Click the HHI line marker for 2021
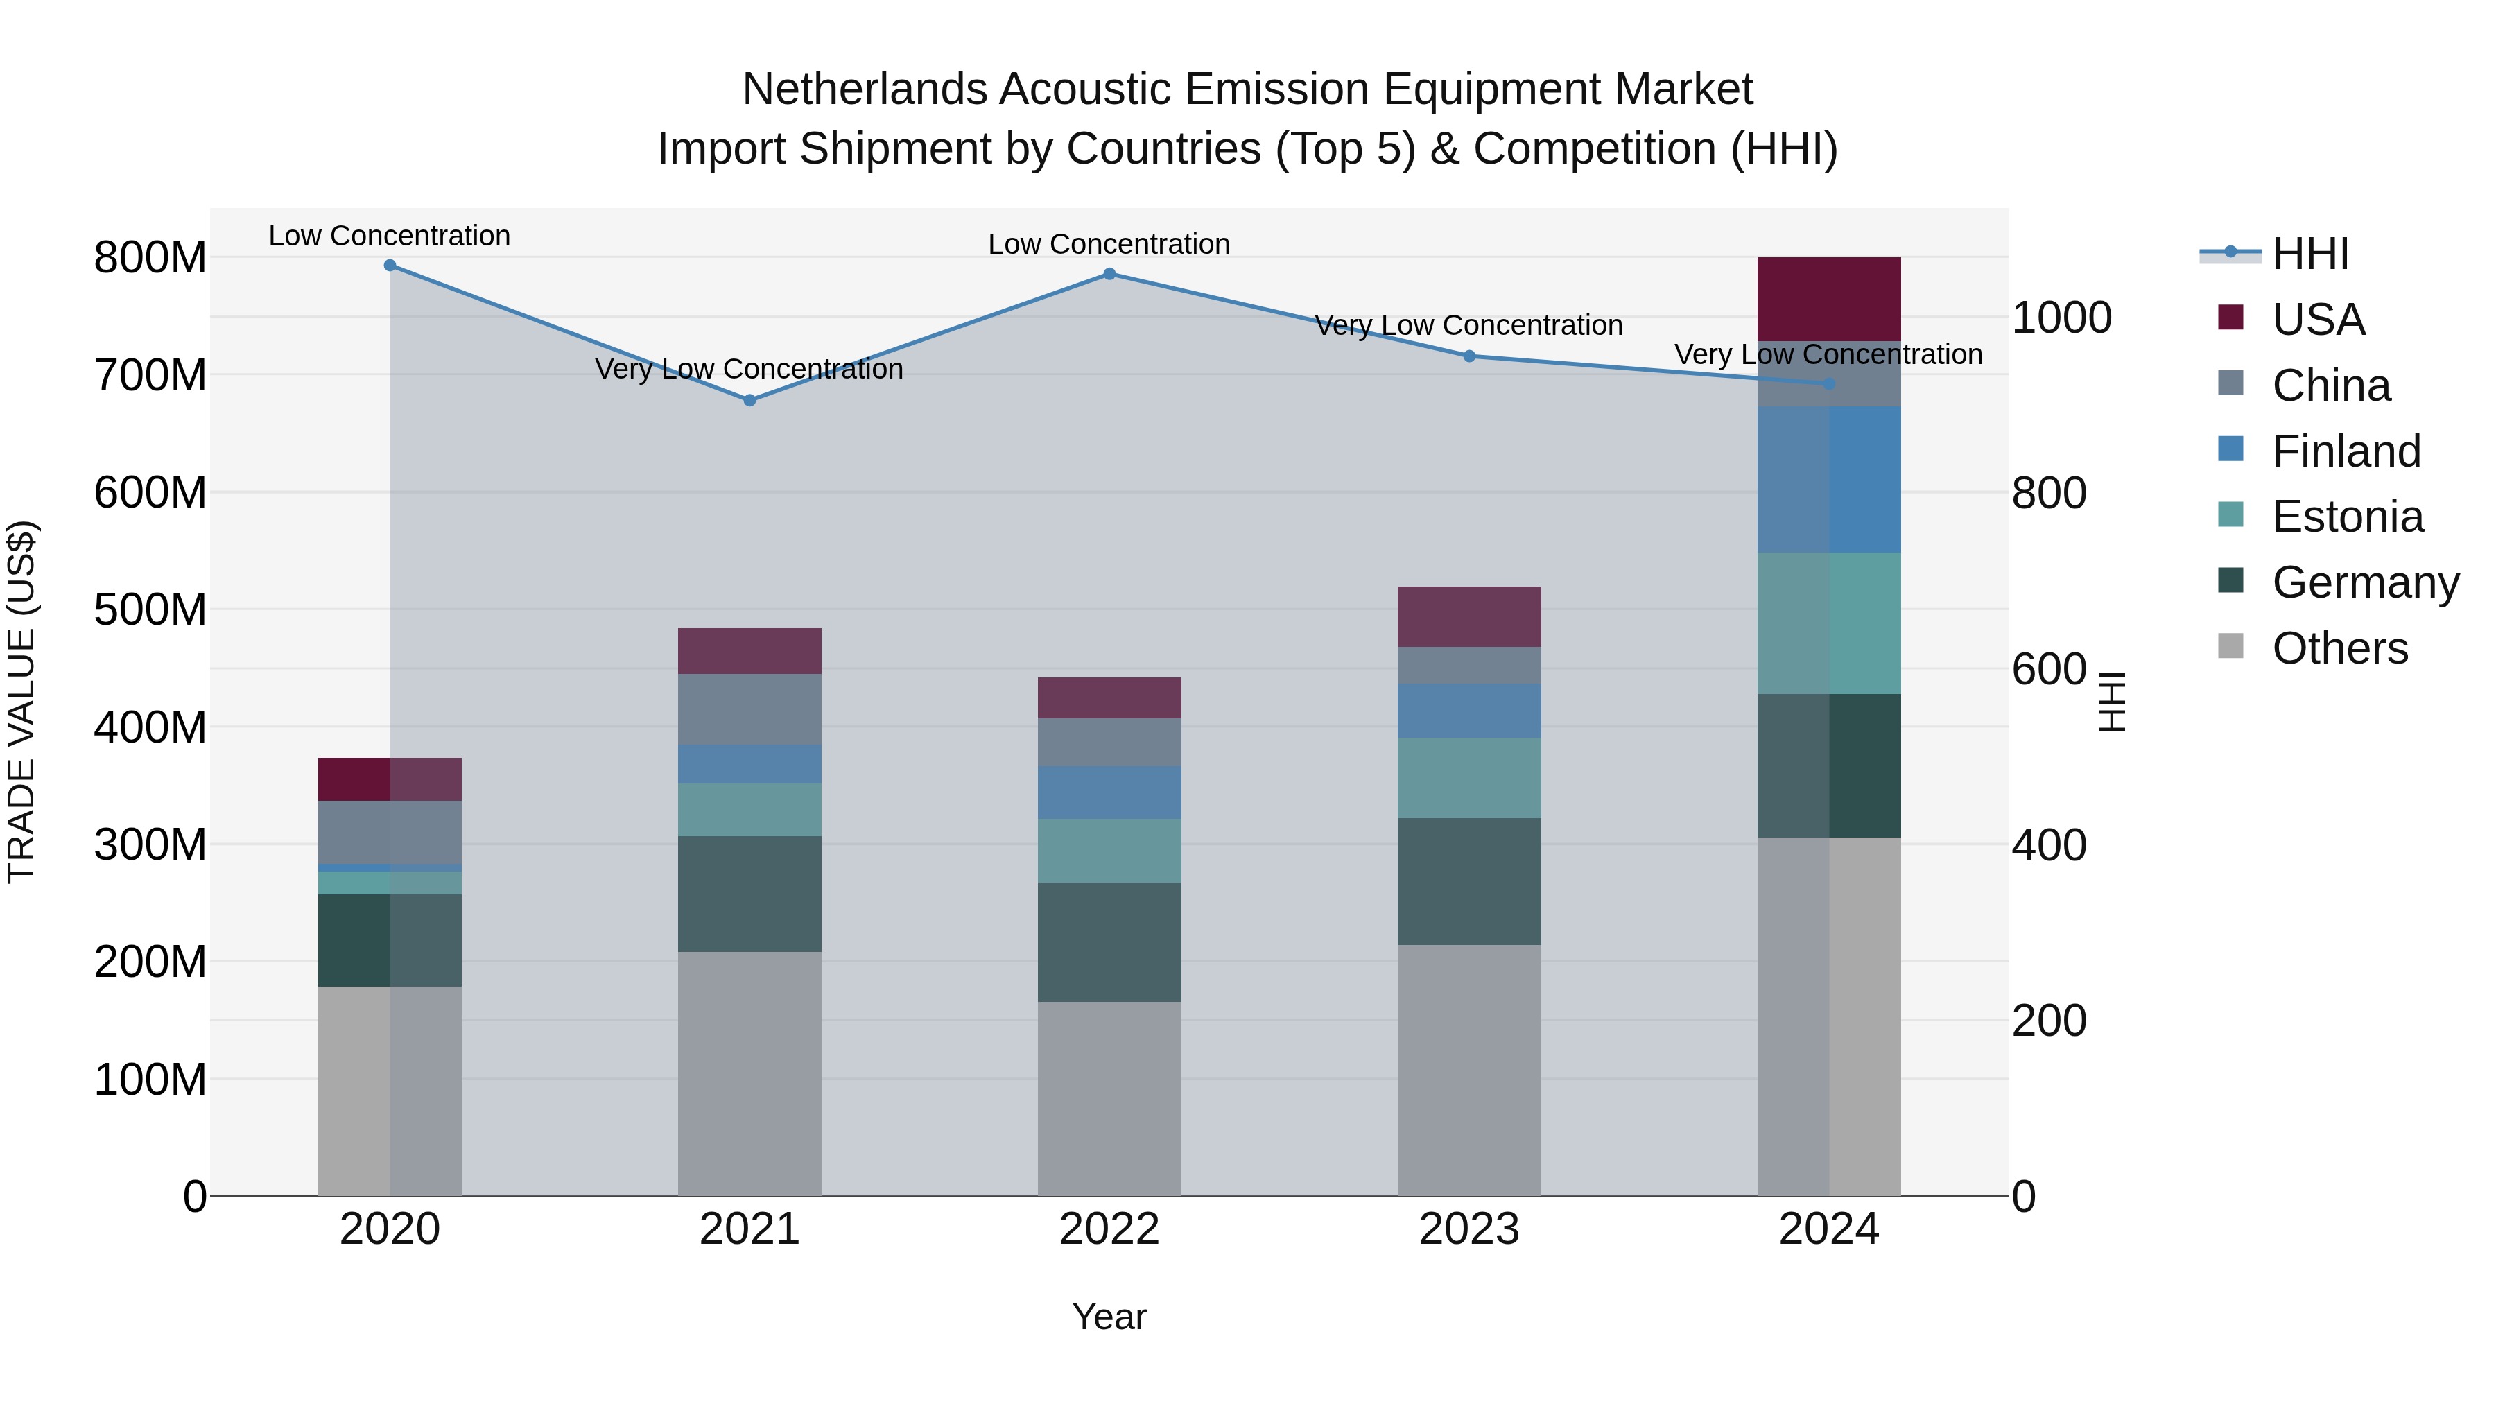pos(749,400)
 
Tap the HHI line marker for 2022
pos(1109,274)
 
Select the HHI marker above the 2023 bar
pos(1469,356)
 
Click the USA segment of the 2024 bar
pos(1828,298)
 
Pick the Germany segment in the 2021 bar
pos(749,894)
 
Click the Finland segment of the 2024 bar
pos(1828,480)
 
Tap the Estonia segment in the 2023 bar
pos(1469,778)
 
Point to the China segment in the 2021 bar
pos(749,709)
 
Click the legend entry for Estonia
pos(2347,517)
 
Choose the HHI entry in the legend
pos(2310,254)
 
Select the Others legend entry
pos(2339,648)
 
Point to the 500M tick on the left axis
pos(150,609)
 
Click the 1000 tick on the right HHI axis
pos(2061,318)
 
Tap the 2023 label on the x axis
pos(1469,1229)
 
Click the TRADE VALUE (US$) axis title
pos(21,702)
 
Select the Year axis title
pos(1109,1317)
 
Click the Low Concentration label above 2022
pos(1109,244)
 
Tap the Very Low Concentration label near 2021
pos(749,369)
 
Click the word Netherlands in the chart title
pos(865,89)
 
